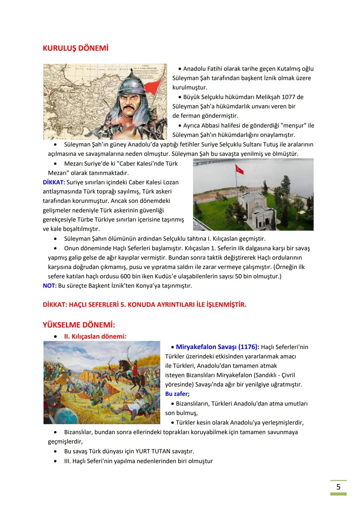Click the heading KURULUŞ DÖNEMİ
click(x=76, y=48)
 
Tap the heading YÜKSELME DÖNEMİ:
click(x=79, y=325)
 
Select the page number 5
click(x=338, y=487)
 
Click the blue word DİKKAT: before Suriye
click(x=54, y=182)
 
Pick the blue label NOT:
click(x=49, y=286)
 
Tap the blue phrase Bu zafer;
click(x=177, y=394)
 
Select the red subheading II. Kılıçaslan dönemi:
click(x=95, y=336)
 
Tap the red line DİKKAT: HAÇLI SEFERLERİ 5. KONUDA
click(x=144, y=305)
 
